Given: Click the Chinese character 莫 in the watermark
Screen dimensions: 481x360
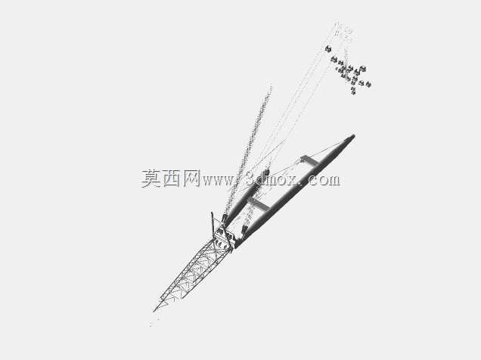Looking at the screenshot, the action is (x=151, y=178).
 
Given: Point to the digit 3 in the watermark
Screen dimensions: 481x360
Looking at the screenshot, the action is (x=252, y=179).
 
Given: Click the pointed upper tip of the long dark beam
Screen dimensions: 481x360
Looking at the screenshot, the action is (x=354, y=135).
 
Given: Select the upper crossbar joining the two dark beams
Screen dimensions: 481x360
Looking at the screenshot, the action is (x=310, y=161).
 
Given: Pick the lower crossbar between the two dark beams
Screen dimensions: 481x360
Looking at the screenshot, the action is (x=259, y=204).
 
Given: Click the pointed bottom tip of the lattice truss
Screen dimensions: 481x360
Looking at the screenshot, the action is (x=154, y=311).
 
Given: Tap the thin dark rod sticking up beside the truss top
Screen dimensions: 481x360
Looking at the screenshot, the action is (x=213, y=224).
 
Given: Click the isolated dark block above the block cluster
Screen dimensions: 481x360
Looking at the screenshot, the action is (x=328, y=48).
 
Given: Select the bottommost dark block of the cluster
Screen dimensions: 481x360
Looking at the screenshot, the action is (x=353, y=91).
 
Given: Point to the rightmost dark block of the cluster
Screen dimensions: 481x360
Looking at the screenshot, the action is (x=368, y=84).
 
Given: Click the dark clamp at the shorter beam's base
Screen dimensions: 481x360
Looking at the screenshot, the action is (x=225, y=219).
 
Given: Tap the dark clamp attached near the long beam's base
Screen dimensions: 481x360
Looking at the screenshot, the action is (x=244, y=229).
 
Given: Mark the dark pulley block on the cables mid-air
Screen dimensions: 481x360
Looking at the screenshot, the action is (x=265, y=172).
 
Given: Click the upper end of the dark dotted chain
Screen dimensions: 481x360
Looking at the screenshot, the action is (x=271, y=86).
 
